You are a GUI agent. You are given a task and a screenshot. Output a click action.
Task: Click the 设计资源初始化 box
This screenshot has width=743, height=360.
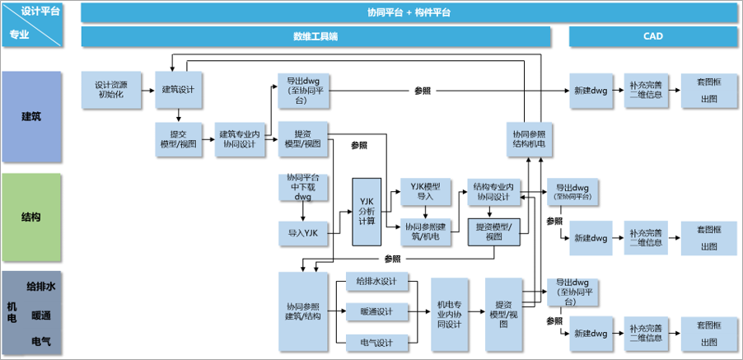tap(110, 89)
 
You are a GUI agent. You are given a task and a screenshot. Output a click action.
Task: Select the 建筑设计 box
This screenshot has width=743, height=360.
tap(180, 89)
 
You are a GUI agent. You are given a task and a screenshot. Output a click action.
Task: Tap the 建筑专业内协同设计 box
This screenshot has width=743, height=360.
tap(240, 138)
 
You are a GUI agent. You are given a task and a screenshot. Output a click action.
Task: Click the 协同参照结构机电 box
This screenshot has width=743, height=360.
tap(529, 138)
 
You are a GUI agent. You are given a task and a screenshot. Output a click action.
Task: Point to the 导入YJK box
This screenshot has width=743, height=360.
tap(303, 233)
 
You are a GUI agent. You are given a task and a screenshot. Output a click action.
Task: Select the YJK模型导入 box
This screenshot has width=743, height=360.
tap(425, 190)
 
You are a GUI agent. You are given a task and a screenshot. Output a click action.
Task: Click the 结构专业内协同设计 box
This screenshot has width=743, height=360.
tap(493, 190)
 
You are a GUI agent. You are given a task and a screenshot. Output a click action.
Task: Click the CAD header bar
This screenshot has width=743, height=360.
tap(653, 37)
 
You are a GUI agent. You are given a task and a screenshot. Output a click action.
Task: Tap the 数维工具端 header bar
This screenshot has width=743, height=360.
tap(315, 37)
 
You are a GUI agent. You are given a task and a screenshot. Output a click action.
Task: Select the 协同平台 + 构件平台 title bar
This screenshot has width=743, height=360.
tap(409, 12)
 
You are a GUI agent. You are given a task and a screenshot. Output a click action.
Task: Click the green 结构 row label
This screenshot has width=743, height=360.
tap(31, 217)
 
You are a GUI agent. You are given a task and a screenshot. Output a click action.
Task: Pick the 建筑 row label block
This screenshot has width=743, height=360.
tap(31, 116)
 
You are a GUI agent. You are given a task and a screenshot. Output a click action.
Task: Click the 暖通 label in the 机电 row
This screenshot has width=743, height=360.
tap(42, 314)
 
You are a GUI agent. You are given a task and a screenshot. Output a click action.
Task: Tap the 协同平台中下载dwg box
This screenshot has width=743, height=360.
tap(303, 187)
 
